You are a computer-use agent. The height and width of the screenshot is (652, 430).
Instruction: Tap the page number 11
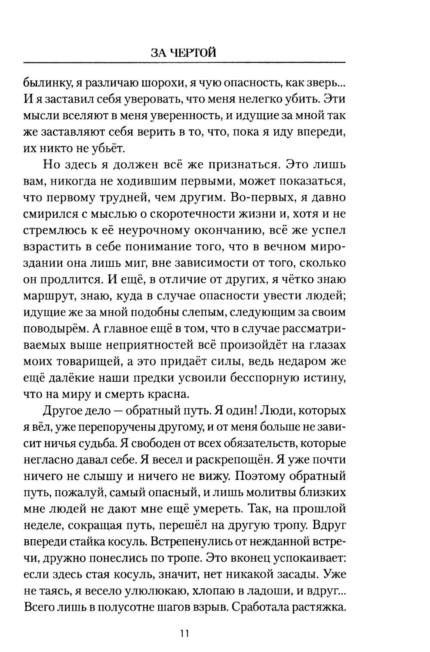pos(184,633)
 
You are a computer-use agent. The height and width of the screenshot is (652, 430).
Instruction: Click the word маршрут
pos(49,296)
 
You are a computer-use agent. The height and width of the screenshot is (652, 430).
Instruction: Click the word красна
pos(168,395)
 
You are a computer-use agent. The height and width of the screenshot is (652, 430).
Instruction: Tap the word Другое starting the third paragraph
pos(63,411)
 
